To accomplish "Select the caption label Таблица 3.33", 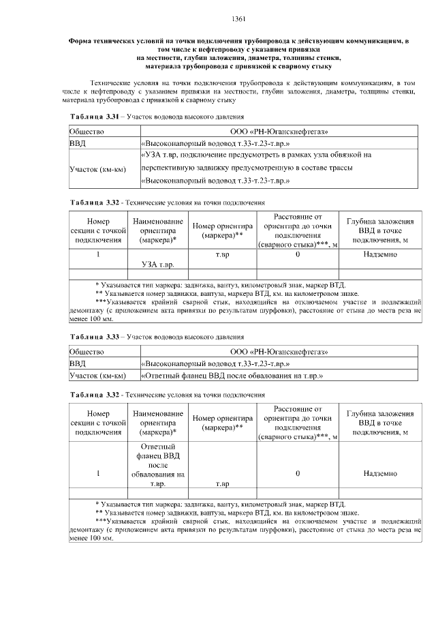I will [x=95, y=337].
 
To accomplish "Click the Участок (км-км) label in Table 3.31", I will [x=98, y=168].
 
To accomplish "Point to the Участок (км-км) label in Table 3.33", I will [x=98, y=375].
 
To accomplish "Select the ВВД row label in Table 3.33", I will [x=78, y=363].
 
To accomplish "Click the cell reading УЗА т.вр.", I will [x=158, y=263].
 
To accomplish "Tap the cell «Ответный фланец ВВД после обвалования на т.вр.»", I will [x=231, y=375].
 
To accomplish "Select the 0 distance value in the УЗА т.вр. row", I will [x=298, y=254].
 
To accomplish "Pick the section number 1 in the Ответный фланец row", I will [x=99, y=472].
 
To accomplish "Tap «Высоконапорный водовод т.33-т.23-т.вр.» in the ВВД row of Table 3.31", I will [x=215, y=143].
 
